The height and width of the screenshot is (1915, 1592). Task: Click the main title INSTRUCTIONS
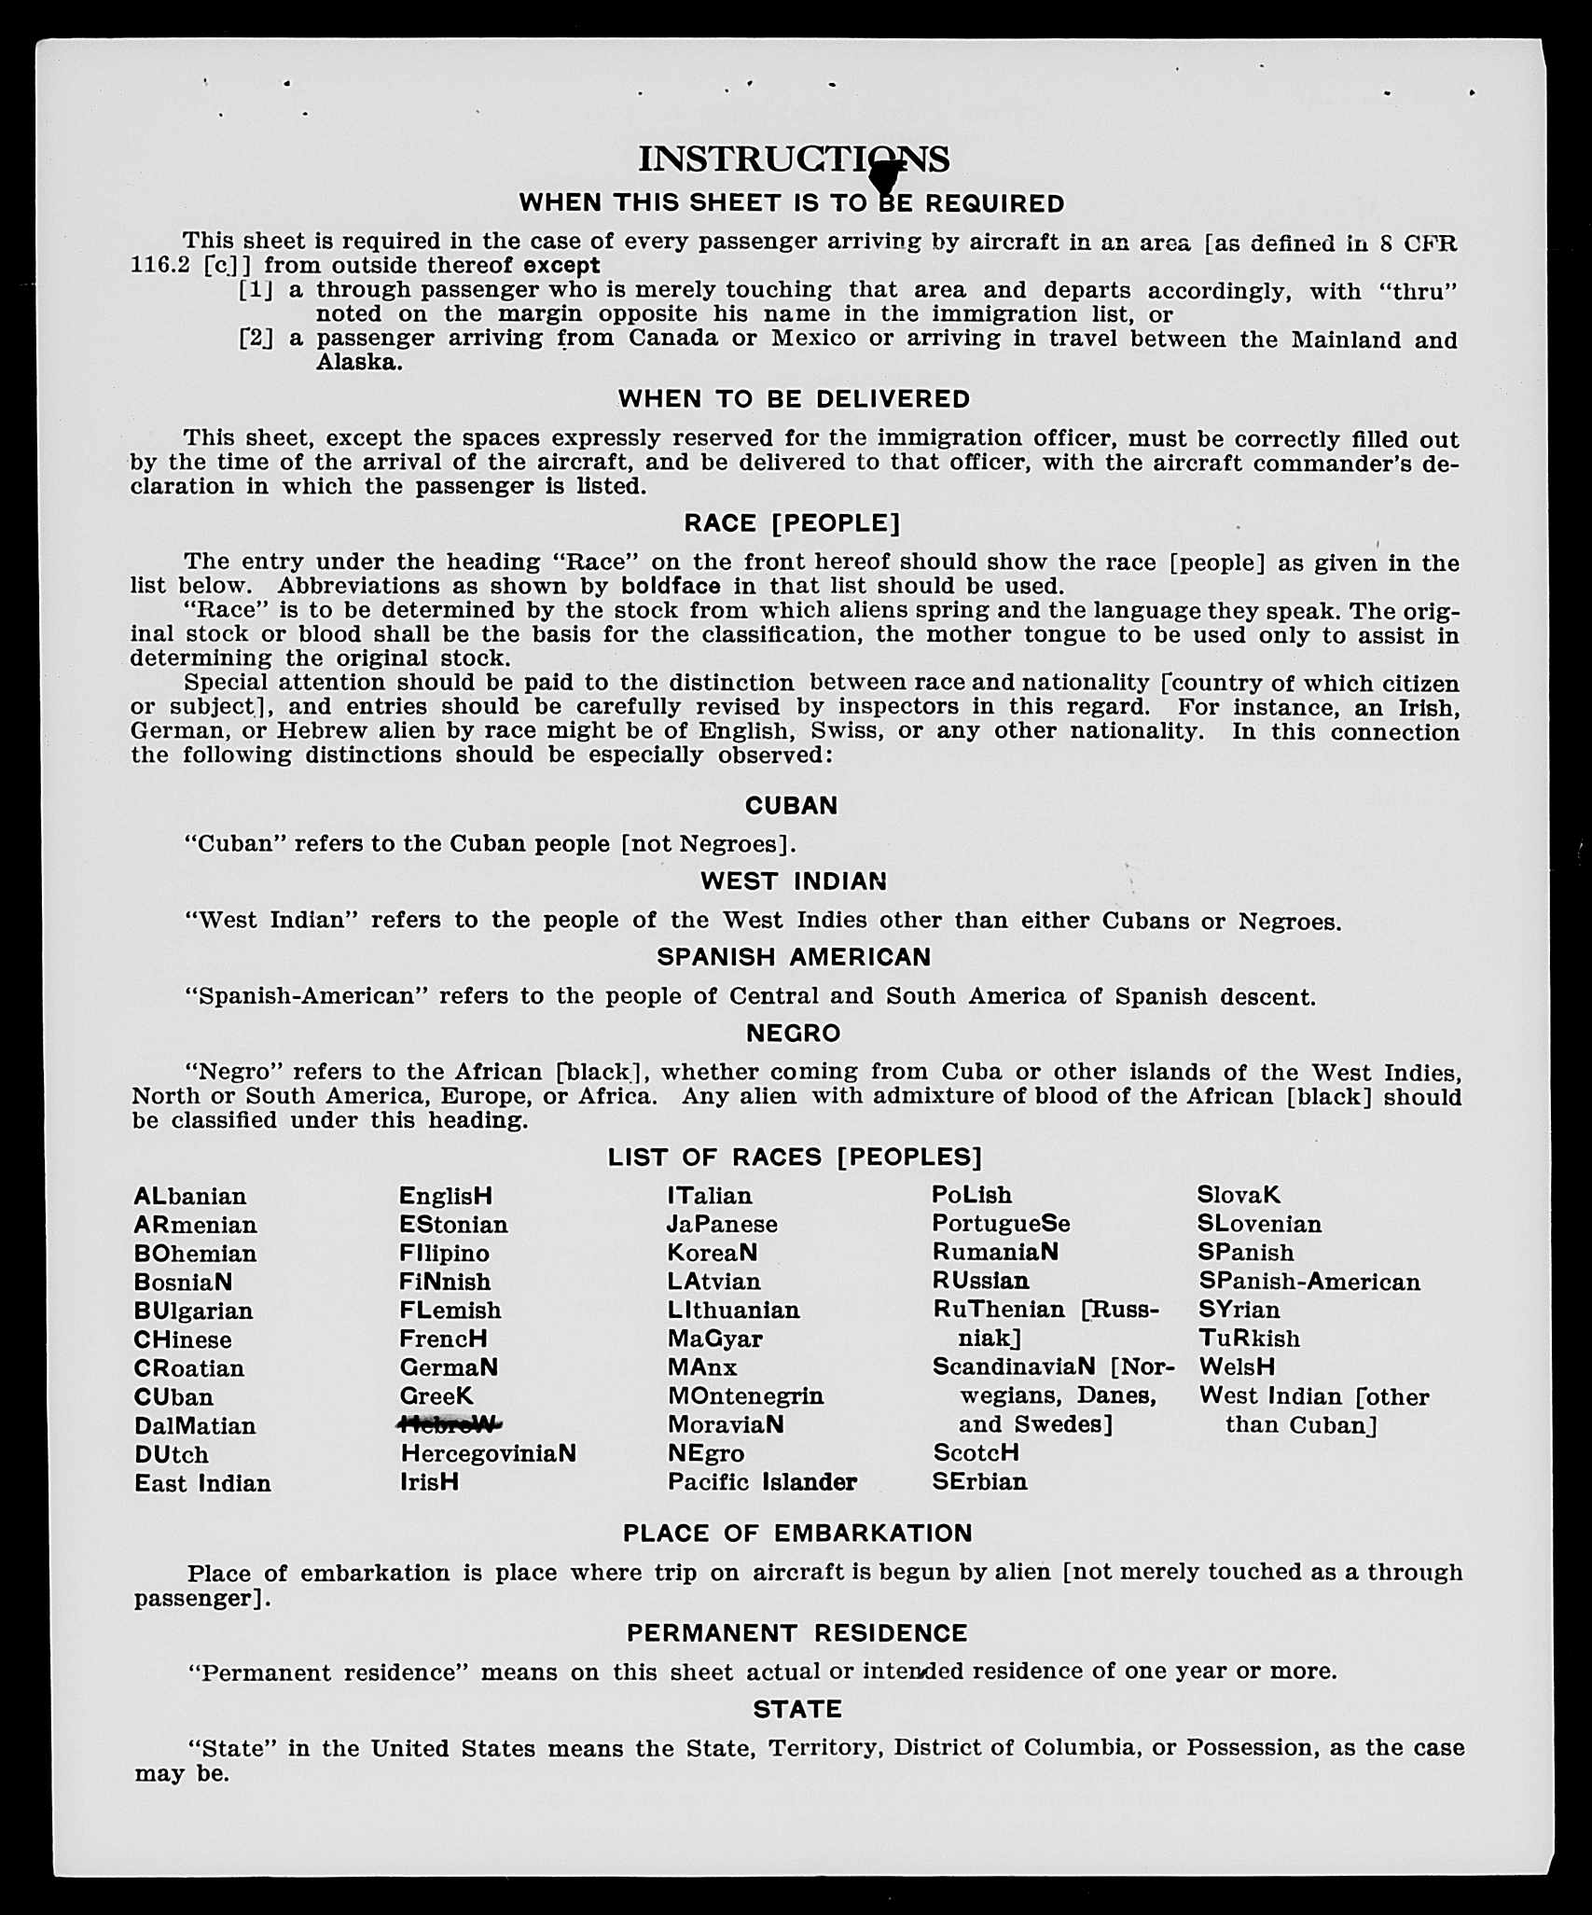click(x=794, y=160)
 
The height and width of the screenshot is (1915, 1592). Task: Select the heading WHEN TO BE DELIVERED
click(x=794, y=399)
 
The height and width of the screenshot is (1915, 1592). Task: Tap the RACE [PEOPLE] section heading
click(x=793, y=523)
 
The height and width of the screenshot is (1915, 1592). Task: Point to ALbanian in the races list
click(x=190, y=1197)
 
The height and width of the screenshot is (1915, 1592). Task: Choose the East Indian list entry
click(x=202, y=1483)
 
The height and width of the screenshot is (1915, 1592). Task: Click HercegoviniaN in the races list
click(x=488, y=1453)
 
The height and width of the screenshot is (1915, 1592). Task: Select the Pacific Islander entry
click(x=762, y=1482)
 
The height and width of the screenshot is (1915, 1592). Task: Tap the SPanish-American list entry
click(x=1309, y=1282)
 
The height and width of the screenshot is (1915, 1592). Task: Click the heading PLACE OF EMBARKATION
click(x=797, y=1533)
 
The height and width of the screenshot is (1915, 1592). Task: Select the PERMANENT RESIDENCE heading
click(x=797, y=1633)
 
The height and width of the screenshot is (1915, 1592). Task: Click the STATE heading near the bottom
click(x=797, y=1709)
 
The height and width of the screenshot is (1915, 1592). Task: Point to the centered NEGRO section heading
click(x=794, y=1034)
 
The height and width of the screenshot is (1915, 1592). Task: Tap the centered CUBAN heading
click(x=792, y=806)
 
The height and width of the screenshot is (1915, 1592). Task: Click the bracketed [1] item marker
click(x=256, y=290)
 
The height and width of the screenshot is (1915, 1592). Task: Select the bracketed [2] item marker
click(x=256, y=338)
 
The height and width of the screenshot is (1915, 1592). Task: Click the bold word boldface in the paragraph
click(x=671, y=587)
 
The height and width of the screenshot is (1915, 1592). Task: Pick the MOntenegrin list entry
click(x=746, y=1396)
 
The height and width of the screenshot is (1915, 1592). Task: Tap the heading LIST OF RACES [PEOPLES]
click(x=795, y=1158)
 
